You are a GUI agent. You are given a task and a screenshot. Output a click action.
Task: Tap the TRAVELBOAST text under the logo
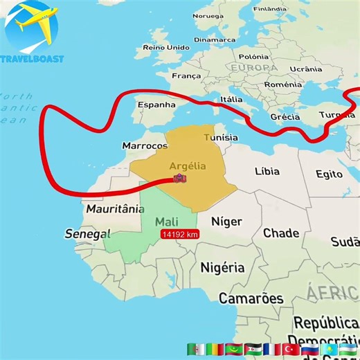(33, 59)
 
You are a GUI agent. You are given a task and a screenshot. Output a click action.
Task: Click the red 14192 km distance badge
(180, 235)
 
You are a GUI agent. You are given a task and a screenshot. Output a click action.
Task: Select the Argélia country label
(187, 166)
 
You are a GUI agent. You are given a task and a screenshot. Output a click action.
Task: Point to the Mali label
(166, 222)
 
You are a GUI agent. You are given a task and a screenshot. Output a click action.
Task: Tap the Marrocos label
(145, 146)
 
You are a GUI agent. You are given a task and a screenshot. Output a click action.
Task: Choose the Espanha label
(157, 105)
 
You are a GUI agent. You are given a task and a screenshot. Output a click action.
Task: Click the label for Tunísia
(221, 138)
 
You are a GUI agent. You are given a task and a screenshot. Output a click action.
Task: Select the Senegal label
(87, 234)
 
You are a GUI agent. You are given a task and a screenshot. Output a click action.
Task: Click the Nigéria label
(222, 267)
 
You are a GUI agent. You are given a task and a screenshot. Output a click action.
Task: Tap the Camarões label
(251, 298)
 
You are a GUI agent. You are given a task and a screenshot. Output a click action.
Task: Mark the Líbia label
(267, 171)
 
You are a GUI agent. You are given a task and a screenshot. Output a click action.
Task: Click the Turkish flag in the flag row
(290, 349)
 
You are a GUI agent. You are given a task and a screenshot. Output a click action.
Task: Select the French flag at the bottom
(271, 349)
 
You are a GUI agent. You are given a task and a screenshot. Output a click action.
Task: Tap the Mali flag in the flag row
(215, 349)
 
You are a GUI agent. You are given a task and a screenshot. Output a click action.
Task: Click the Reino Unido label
(165, 47)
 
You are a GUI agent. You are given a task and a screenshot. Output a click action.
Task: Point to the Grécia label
(285, 117)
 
